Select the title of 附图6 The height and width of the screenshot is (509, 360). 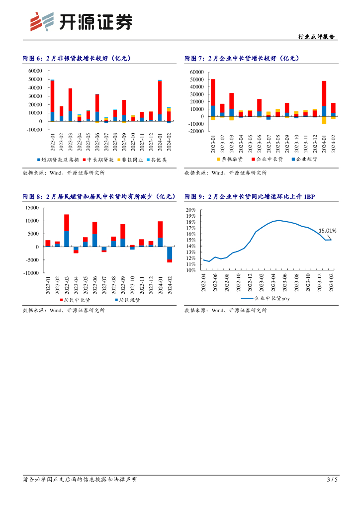77,58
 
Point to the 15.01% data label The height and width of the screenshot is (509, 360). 327,231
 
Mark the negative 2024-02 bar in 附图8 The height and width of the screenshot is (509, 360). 170,254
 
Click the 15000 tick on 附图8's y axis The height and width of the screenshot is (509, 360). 32,208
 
